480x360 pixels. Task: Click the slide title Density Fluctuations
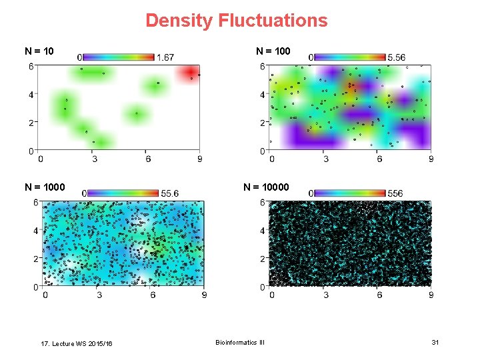(237, 21)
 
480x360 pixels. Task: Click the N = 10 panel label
(39, 51)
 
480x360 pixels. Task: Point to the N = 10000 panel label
(266, 187)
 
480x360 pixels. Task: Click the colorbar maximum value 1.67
(165, 57)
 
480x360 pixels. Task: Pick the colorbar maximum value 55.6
(169, 193)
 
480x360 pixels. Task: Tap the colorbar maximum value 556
(395, 193)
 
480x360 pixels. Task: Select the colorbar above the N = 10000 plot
(349, 193)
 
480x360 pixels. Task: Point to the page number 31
(435, 342)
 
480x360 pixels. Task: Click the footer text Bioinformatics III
(240, 342)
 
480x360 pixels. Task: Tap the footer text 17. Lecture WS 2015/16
(77, 343)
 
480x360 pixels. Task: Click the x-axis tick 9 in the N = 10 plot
(200, 159)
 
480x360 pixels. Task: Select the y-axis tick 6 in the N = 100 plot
(262, 66)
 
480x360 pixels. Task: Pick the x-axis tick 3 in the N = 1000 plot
(99, 295)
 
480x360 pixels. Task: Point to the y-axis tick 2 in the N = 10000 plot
(263, 259)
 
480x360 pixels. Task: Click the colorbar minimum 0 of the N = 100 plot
(311, 57)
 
